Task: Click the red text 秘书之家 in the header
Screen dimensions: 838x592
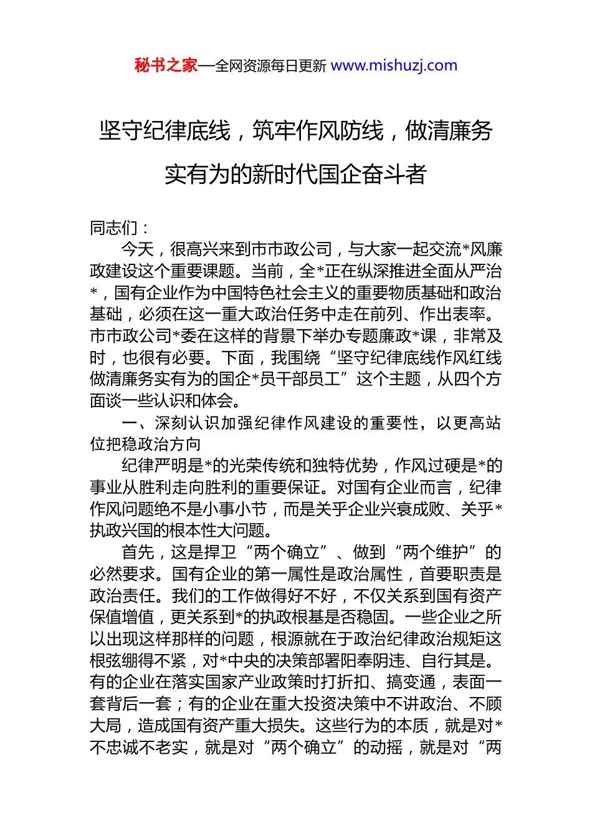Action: (x=166, y=65)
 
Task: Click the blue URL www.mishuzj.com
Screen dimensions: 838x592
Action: (x=394, y=65)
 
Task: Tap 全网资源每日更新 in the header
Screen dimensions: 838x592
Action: (x=270, y=65)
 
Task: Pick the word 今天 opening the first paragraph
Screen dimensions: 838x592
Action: (x=138, y=249)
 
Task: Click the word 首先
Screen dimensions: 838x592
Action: (x=138, y=552)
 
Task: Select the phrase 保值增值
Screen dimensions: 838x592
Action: (x=122, y=617)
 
